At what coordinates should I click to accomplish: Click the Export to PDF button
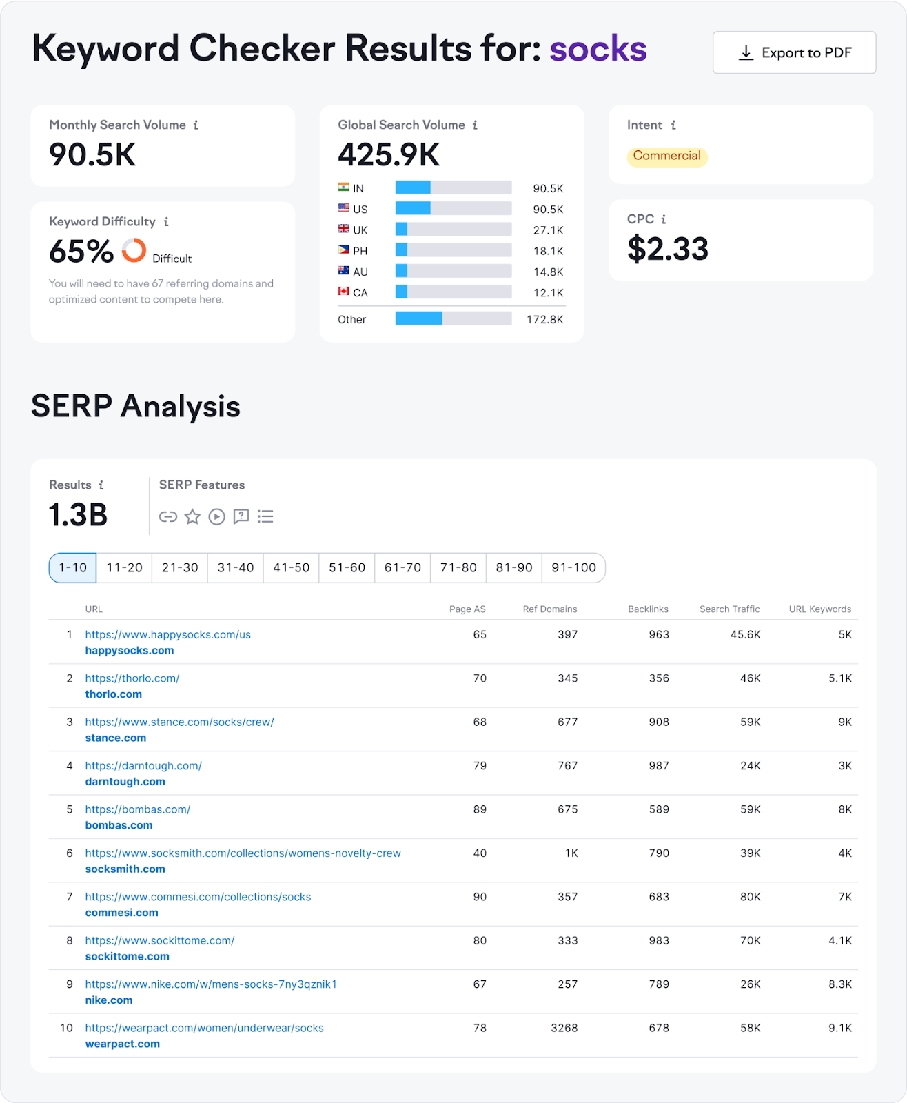(794, 52)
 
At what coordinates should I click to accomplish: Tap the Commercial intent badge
(666, 156)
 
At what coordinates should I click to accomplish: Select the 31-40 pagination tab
(235, 567)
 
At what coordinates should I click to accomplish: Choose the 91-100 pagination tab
(573, 567)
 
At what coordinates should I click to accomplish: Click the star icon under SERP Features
(192, 516)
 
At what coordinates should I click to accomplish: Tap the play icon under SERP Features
(216, 516)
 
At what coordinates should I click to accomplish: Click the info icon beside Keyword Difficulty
(166, 222)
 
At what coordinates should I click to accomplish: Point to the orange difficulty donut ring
(134, 250)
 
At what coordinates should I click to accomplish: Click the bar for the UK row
(453, 230)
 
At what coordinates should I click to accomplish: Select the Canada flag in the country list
(343, 292)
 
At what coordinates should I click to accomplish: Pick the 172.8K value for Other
(544, 319)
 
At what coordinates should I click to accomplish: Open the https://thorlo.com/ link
(132, 678)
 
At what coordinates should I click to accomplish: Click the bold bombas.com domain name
(119, 825)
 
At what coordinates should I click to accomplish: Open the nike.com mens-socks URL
(210, 984)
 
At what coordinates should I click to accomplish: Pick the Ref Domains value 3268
(564, 1028)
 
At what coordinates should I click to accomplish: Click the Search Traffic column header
(729, 609)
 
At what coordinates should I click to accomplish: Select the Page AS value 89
(480, 809)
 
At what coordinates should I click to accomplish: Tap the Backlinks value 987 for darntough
(658, 766)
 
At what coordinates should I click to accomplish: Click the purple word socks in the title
(598, 49)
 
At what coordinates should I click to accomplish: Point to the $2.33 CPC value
(667, 249)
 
